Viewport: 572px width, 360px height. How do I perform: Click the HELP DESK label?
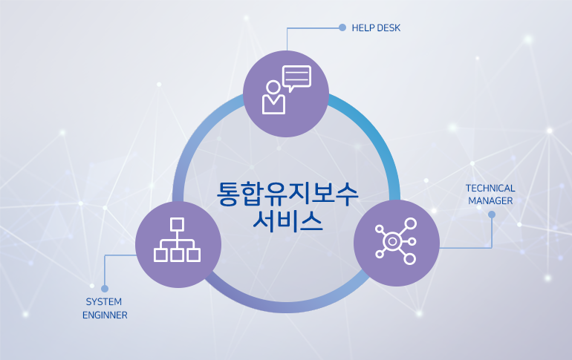(376, 28)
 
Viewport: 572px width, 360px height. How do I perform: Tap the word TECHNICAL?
(490, 189)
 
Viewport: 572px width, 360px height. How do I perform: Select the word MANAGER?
(490, 200)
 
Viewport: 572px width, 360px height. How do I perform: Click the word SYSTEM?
(103, 301)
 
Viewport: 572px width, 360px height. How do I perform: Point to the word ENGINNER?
(105, 315)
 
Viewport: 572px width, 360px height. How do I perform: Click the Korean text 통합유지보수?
(287, 194)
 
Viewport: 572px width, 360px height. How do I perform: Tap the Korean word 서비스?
(287, 220)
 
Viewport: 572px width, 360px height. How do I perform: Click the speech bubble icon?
(296, 79)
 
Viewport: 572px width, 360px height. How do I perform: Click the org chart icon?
(177, 240)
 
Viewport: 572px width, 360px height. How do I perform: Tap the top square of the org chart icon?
(177, 224)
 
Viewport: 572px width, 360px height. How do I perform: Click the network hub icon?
(396, 240)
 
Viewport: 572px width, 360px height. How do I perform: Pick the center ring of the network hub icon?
(392, 241)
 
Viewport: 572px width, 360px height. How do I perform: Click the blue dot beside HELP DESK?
(342, 27)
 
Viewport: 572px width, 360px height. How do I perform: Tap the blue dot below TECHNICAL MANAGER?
(492, 215)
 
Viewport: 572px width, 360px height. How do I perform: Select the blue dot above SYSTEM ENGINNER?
(105, 289)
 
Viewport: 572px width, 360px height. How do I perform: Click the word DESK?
(389, 28)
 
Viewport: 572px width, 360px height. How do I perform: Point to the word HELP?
(363, 28)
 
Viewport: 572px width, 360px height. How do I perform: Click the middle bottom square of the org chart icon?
(177, 255)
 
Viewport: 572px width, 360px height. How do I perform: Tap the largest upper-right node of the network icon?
(410, 223)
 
